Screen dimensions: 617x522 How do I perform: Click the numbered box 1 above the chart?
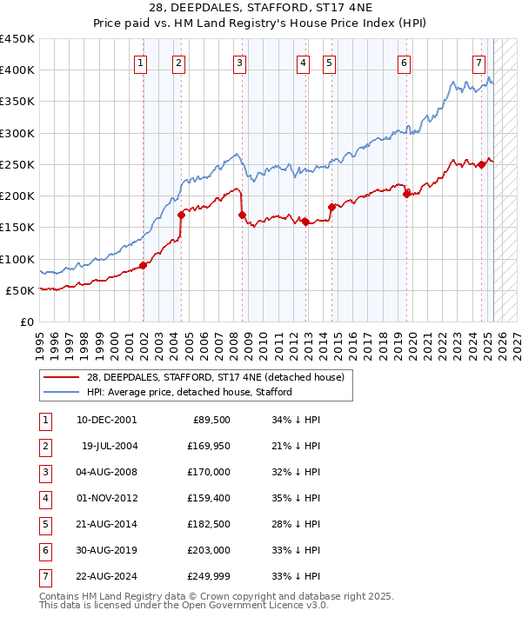141,63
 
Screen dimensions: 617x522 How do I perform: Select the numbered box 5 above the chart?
330,63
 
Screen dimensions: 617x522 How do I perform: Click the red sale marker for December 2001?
144,266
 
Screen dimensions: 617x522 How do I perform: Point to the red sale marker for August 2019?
407,195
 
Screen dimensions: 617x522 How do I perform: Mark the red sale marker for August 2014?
332,207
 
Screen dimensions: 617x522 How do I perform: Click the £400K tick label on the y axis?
17,70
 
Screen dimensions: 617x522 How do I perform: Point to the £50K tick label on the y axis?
20,290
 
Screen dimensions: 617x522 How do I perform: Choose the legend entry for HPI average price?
189,392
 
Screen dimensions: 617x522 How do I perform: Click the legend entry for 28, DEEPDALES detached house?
216,377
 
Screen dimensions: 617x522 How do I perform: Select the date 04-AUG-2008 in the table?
107,472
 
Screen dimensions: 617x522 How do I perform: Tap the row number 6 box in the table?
44,550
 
